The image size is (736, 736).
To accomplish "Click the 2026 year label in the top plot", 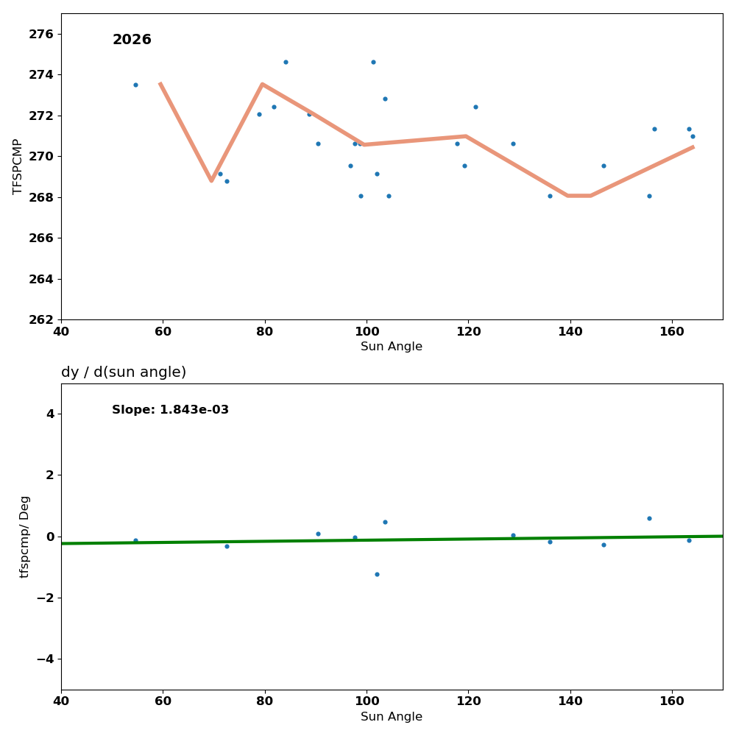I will click(x=132, y=40).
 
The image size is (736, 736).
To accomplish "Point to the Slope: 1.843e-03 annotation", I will click(x=170, y=410).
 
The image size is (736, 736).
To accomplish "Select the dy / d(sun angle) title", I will click(x=124, y=372).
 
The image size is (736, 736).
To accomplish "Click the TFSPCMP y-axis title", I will click(x=18, y=166).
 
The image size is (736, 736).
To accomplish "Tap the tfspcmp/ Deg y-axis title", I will click(x=24, y=537).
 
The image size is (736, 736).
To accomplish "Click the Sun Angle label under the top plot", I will click(x=392, y=347).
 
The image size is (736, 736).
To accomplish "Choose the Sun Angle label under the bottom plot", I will click(x=392, y=717).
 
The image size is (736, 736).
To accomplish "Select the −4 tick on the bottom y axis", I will click(x=44, y=659).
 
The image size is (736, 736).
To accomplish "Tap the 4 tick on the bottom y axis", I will click(x=50, y=414).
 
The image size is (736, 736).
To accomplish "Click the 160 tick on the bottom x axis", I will click(x=672, y=701).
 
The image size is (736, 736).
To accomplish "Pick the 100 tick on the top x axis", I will click(x=367, y=331).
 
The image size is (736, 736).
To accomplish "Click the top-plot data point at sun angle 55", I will click(x=135, y=85).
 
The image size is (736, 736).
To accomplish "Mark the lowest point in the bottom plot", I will click(x=377, y=574).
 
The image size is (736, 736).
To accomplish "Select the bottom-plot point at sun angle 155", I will click(x=649, y=518).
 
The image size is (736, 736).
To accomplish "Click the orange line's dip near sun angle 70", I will click(x=211, y=180).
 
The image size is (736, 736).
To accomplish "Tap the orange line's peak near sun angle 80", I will click(x=262, y=84).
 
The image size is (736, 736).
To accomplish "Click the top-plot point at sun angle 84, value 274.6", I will click(x=286, y=62).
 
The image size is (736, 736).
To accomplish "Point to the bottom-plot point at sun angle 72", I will click(x=227, y=546).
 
